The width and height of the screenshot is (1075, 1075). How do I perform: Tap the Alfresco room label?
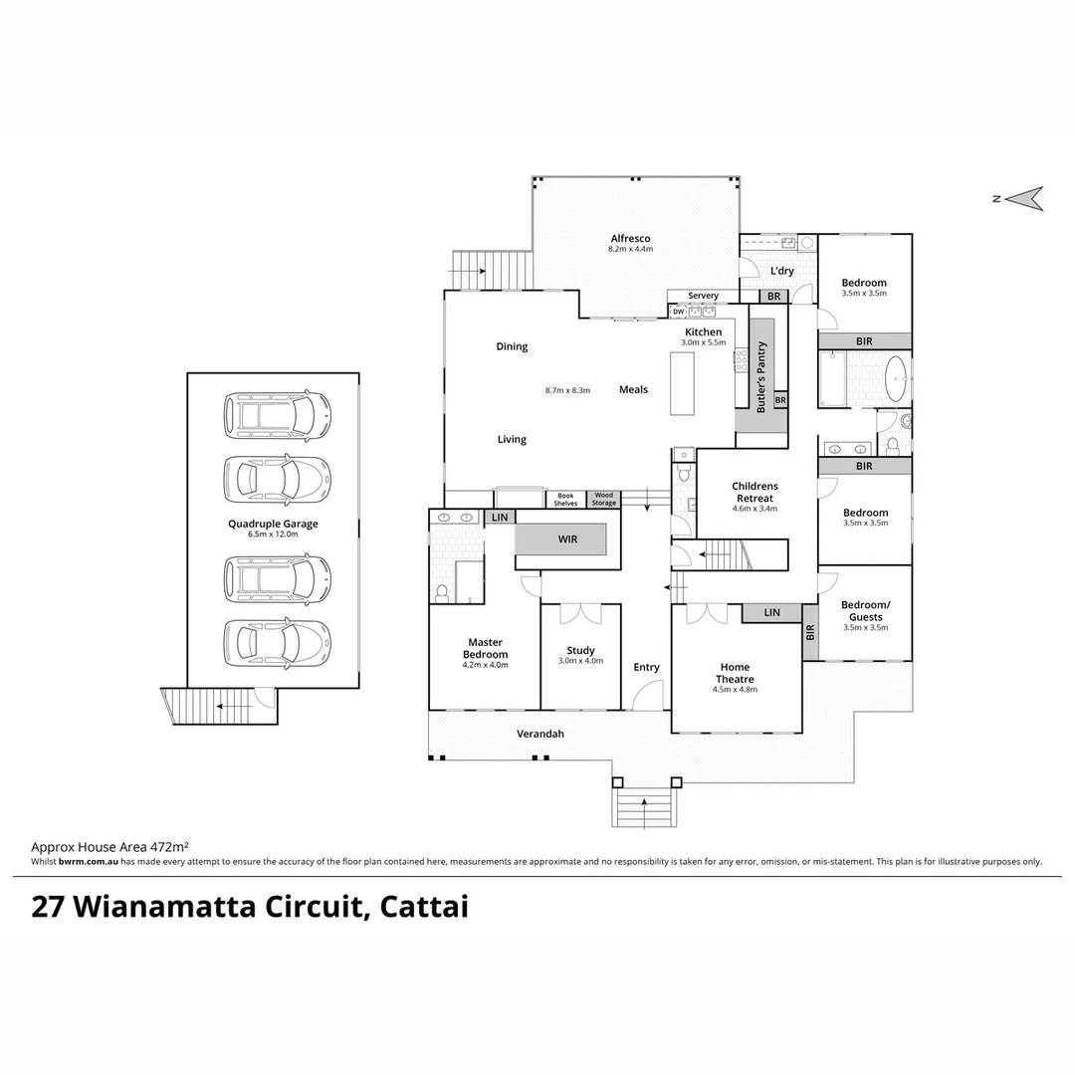point(630,239)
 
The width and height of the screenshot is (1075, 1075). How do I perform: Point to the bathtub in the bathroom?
point(896,378)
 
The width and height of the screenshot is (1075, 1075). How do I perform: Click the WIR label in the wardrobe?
point(567,540)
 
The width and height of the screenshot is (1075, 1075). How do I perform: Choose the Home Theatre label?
point(736,673)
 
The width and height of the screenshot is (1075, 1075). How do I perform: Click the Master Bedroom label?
point(485,648)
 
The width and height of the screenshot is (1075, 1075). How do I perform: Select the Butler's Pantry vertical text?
point(761,377)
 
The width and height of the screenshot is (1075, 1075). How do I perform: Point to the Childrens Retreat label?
point(755,492)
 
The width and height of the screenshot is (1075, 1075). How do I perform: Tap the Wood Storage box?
point(604,499)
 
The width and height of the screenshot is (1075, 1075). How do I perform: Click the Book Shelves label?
point(565,499)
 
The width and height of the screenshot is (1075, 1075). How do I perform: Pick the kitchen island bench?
point(683,383)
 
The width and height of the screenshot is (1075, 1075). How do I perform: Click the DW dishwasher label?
point(678,312)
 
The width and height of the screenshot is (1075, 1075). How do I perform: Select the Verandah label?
point(539,734)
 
